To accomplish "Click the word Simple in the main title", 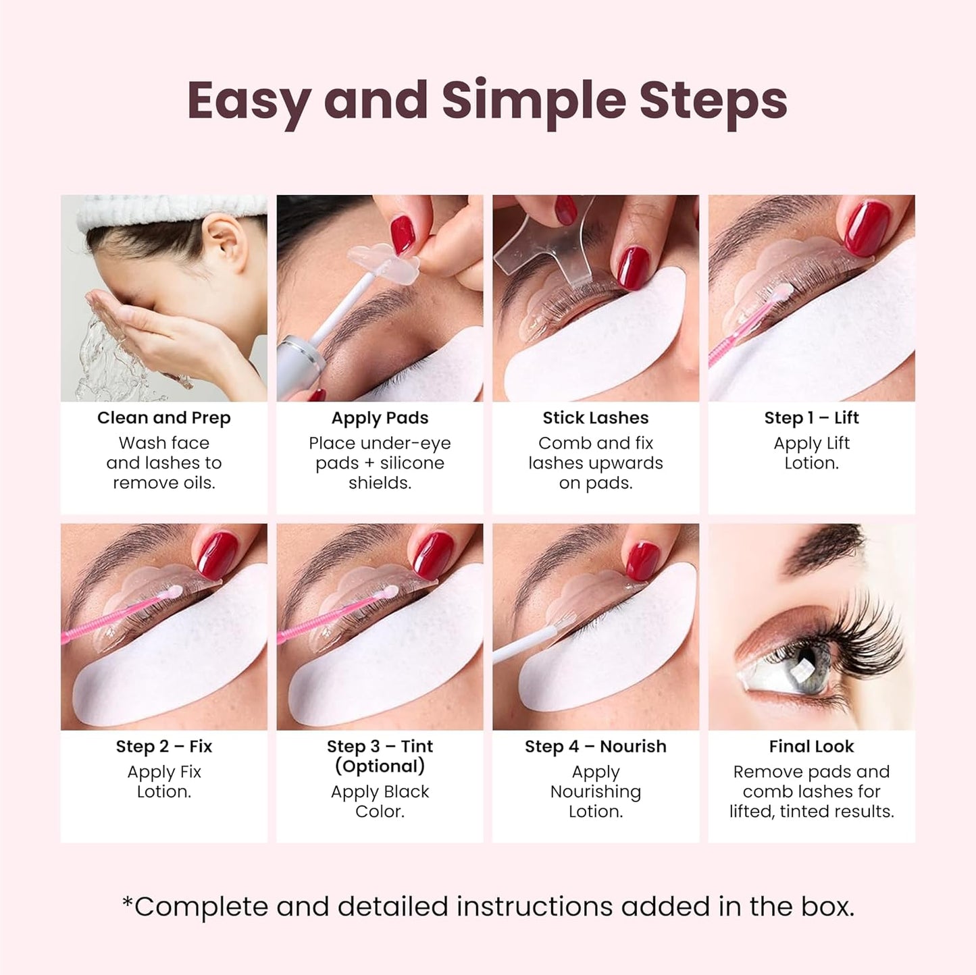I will click(534, 101).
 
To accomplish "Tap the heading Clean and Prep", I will click(164, 418).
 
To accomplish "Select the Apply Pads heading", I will click(380, 418).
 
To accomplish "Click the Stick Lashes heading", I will click(595, 418).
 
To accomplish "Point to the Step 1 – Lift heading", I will click(811, 418).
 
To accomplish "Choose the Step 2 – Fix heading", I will click(164, 746).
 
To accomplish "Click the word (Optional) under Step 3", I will click(380, 766).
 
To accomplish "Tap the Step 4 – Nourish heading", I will click(595, 746).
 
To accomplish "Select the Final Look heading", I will click(811, 746).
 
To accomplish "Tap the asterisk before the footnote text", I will click(127, 901).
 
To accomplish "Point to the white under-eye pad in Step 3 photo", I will click(392, 668).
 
